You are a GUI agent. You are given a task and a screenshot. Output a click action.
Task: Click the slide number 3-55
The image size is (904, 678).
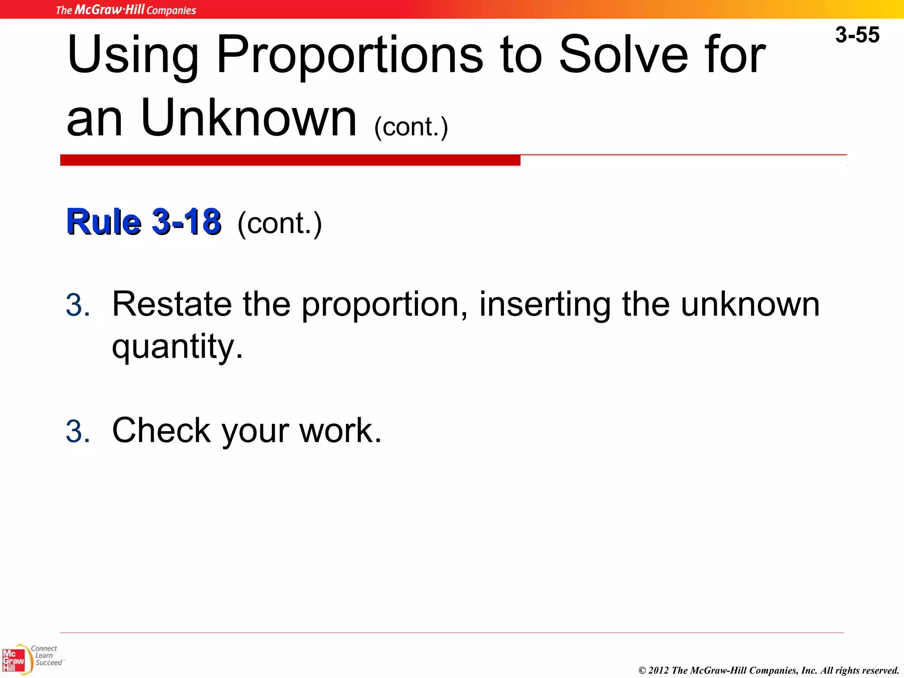point(857,35)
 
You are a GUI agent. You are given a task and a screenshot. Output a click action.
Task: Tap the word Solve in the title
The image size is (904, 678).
point(623,55)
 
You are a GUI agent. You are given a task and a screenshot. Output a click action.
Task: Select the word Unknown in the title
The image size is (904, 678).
point(249,118)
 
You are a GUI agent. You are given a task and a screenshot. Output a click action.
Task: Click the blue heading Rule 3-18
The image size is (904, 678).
point(143,222)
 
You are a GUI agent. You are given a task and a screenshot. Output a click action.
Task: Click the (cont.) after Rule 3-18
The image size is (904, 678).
point(279,223)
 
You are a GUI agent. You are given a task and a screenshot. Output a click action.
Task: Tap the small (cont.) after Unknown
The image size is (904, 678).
point(411,127)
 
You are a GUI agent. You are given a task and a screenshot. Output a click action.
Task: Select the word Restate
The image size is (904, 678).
point(172,304)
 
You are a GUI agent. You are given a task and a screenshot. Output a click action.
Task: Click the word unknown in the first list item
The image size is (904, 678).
point(750,304)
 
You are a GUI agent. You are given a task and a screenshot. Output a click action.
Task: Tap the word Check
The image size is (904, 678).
point(161,430)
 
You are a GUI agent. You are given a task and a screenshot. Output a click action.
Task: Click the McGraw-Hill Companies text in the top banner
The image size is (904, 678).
point(126,10)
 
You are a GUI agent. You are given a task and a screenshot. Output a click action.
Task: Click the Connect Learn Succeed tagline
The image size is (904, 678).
point(46,655)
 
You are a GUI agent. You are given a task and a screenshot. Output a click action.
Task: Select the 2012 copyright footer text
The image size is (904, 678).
point(768,670)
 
